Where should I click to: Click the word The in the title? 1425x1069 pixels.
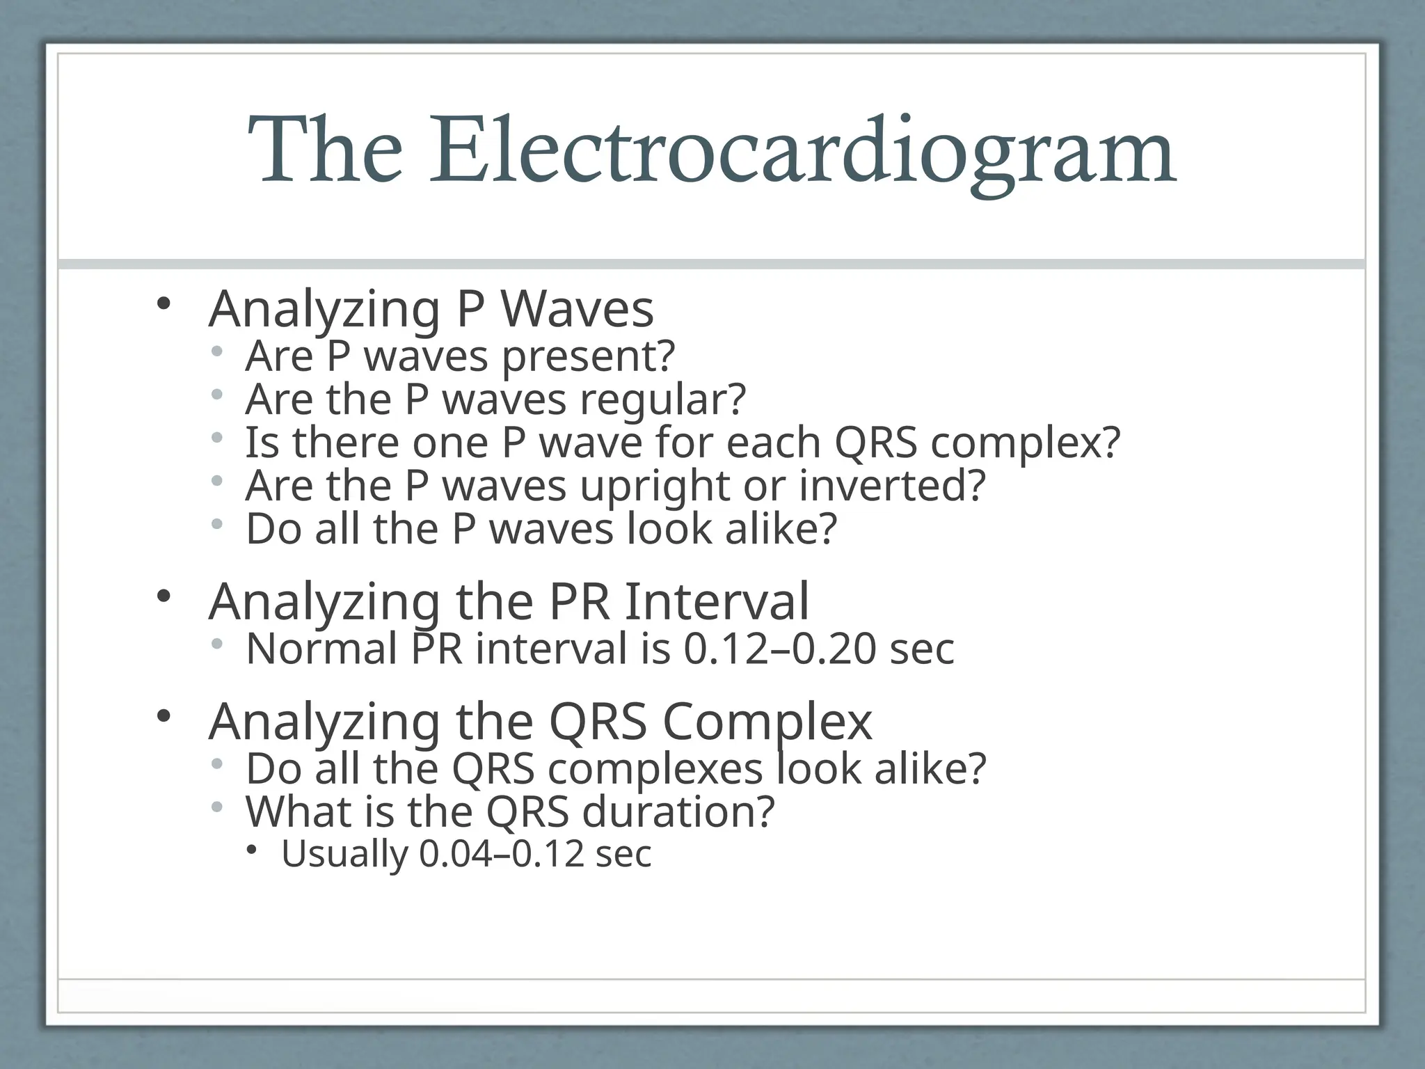coord(325,152)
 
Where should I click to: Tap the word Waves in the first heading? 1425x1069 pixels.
coord(577,309)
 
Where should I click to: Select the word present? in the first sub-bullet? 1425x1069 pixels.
coord(589,356)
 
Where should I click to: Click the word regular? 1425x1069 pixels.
coord(663,399)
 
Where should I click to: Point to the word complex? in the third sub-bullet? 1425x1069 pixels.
coord(1026,443)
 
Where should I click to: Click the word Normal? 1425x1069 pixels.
coord(321,649)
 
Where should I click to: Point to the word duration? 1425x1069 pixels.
coord(678,812)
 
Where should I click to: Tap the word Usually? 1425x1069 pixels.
coord(344,854)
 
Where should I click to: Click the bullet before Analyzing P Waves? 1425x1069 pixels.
coord(164,303)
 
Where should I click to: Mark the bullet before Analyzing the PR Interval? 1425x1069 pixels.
coord(164,596)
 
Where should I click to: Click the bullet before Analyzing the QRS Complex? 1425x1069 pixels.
coord(164,716)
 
